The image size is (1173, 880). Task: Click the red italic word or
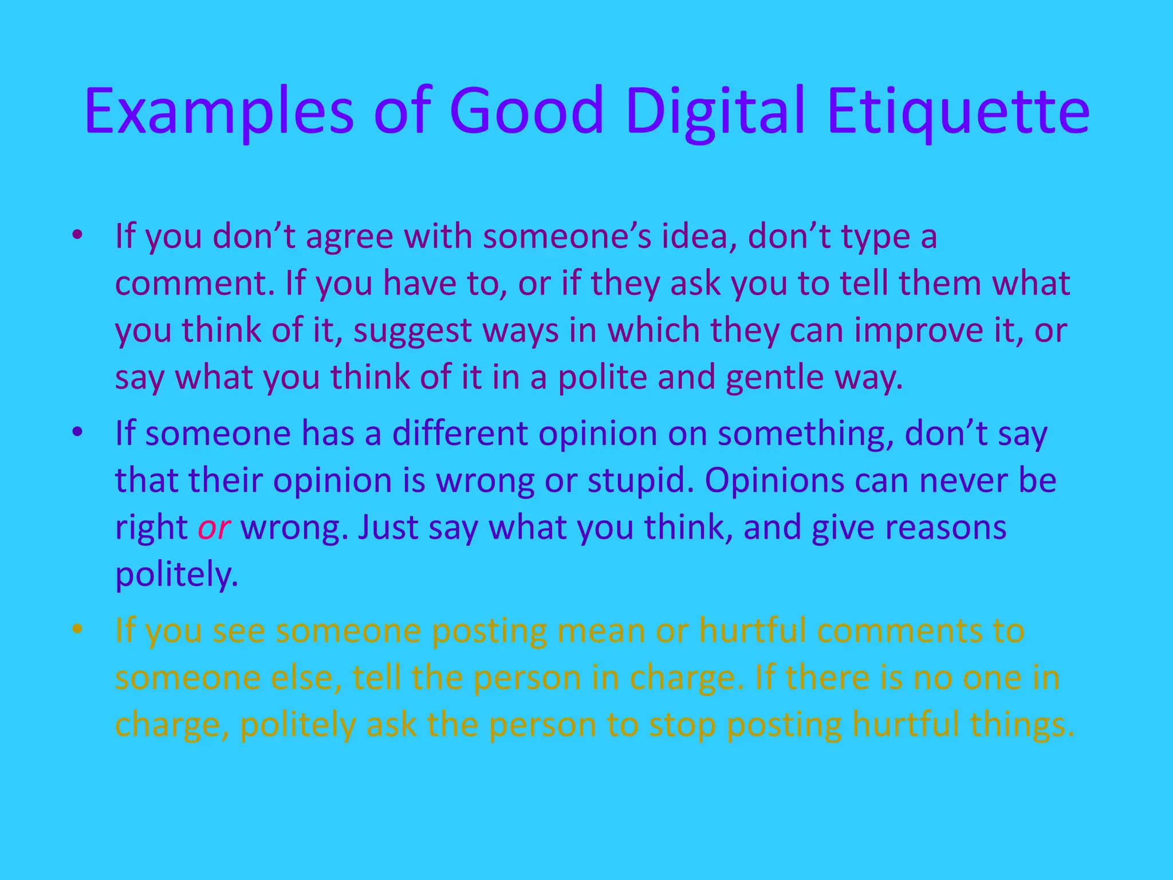pyautogui.click(x=214, y=527)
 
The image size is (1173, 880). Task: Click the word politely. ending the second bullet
pyautogui.click(x=176, y=575)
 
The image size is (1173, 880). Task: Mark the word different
pyautogui.click(x=459, y=433)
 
